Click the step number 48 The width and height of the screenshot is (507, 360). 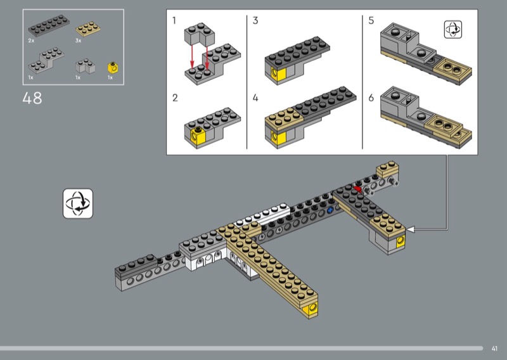(x=32, y=98)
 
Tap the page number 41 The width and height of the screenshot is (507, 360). (x=494, y=349)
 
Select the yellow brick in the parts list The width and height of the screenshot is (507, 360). (x=113, y=68)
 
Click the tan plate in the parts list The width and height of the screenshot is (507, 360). (x=87, y=29)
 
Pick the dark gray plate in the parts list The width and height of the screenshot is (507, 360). (x=49, y=25)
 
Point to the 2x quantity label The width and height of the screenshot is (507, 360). (x=31, y=41)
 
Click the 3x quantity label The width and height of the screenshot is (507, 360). (x=78, y=41)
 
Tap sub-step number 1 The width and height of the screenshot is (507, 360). (x=174, y=21)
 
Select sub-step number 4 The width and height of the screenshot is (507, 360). (x=255, y=98)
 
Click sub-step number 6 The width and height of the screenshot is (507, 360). (x=371, y=98)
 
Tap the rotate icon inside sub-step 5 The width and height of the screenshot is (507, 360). (x=453, y=29)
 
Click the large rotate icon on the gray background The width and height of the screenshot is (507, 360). (x=78, y=204)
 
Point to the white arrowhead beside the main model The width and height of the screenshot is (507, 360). (x=410, y=229)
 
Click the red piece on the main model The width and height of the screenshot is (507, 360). (x=357, y=189)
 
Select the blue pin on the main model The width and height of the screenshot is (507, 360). (x=330, y=210)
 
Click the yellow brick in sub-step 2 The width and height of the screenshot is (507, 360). (x=198, y=136)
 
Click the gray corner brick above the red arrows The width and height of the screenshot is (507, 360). (x=200, y=34)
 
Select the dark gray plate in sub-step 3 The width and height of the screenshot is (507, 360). (x=297, y=50)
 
